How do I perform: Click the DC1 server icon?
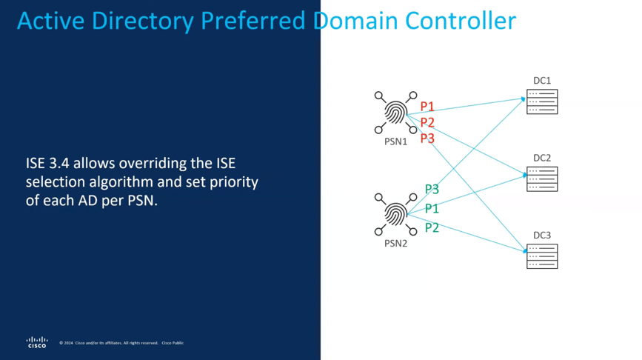(x=542, y=101)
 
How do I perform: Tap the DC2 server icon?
(x=542, y=179)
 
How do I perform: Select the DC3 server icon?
(x=542, y=256)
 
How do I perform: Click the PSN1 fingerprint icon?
(x=395, y=113)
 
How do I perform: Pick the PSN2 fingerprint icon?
(x=395, y=216)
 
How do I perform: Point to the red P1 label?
(x=427, y=107)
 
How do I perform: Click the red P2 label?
(x=427, y=122)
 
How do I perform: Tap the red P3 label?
(x=427, y=138)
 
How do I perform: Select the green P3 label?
(x=432, y=189)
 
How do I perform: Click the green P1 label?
(x=432, y=209)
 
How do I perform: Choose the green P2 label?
(x=432, y=227)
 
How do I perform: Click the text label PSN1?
(x=395, y=141)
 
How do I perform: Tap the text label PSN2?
(x=395, y=243)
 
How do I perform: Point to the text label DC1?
(x=542, y=80)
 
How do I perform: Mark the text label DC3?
(x=542, y=236)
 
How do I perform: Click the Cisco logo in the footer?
(x=37, y=341)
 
